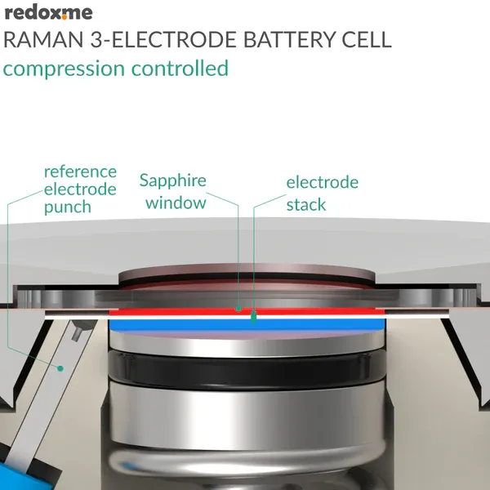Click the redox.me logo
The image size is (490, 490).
tap(49, 13)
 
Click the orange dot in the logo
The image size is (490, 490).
tap(65, 17)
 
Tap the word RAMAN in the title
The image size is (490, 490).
tap(43, 40)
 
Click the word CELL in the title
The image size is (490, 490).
tap(367, 40)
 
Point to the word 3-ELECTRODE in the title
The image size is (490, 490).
tap(163, 40)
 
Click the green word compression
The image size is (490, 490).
tap(64, 69)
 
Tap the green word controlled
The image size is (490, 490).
tap(180, 68)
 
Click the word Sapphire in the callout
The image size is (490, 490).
tap(173, 181)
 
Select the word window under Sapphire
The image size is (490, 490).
tap(176, 203)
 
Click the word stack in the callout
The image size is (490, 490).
tap(306, 205)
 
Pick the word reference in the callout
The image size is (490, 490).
tap(80, 171)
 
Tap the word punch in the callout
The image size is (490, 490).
tap(68, 207)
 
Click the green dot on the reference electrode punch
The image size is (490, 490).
tap(60, 369)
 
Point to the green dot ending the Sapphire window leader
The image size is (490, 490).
tap(238, 309)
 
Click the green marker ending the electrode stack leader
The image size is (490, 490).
tap(254, 317)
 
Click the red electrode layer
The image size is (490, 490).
tap(247, 312)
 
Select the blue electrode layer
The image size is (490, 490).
tap(247, 325)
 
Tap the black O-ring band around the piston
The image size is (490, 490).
tap(247, 369)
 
